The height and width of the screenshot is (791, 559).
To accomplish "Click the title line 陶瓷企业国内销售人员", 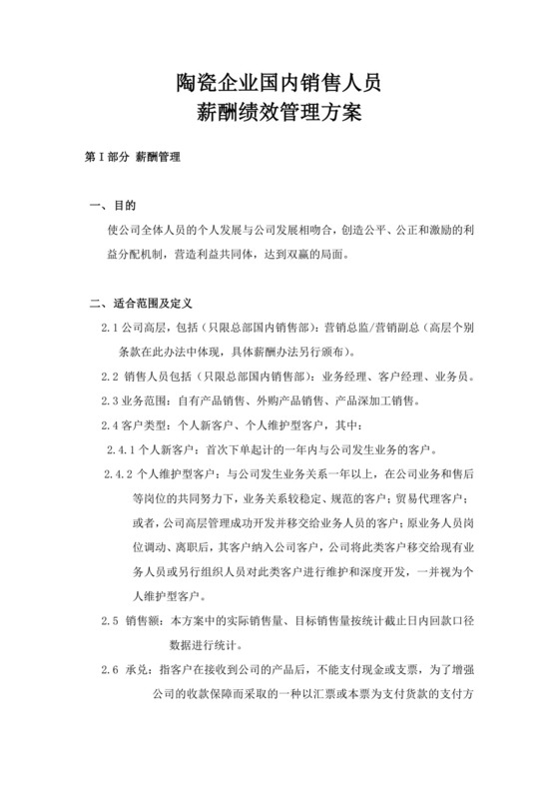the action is click(279, 83).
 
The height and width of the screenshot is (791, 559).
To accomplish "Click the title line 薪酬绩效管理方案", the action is click(279, 115).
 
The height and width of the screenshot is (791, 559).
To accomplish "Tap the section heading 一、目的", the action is click(112, 207).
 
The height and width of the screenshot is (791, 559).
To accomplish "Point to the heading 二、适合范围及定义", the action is click(140, 303).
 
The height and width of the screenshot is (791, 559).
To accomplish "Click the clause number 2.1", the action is click(110, 328).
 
